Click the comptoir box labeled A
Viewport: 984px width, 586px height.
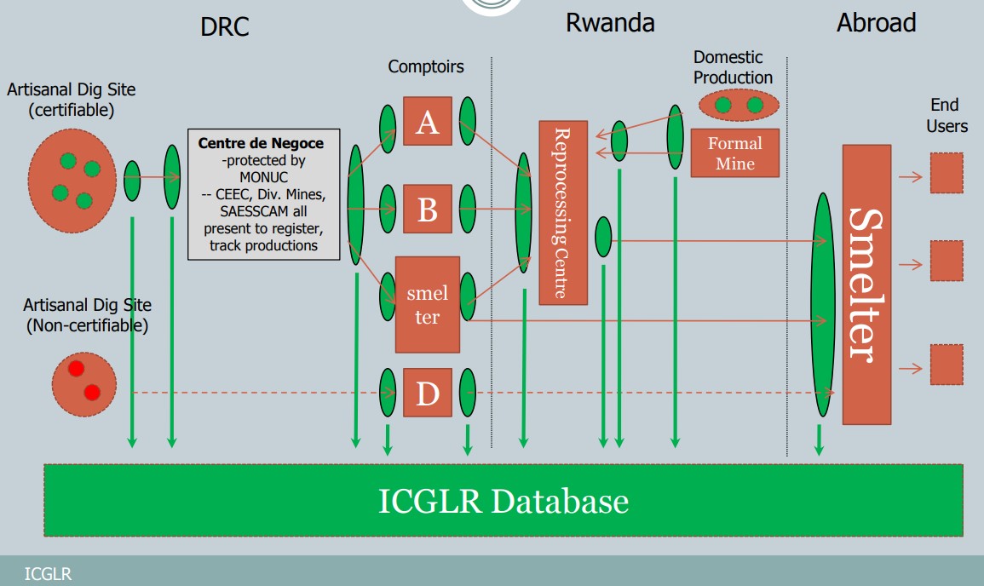tap(428, 121)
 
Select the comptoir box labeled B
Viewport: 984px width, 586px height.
tap(428, 209)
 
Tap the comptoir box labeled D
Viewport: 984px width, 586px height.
tap(428, 393)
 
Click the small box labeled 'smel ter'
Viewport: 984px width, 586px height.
tap(427, 304)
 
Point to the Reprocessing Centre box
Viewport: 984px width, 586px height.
tap(563, 212)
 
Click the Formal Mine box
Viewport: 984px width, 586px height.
tap(734, 153)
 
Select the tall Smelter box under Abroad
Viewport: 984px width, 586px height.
tap(866, 284)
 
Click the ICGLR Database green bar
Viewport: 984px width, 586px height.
tap(504, 500)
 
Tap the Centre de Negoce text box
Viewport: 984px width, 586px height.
tap(263, 193)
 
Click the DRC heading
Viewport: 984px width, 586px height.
tap(225, 26)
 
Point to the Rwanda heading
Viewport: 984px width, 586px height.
tap(610, 23)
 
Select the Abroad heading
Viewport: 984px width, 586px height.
tap(876, 23)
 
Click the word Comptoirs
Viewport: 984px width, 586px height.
tap(426, 66)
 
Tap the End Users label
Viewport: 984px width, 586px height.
tap(947, 115)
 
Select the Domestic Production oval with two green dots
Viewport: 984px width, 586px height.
tap(738, 105)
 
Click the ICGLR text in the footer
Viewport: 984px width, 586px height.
tap(49, 574)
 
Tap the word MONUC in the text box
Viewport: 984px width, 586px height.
tap(262, 176)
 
